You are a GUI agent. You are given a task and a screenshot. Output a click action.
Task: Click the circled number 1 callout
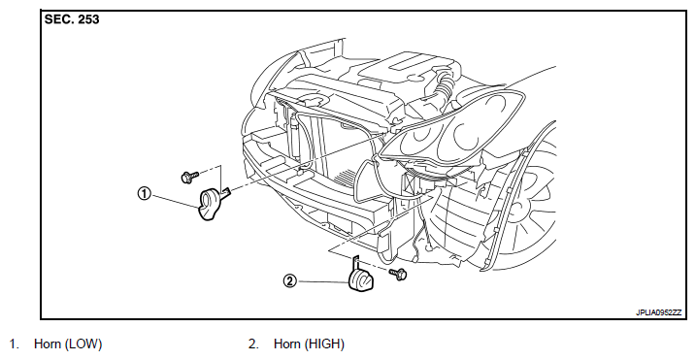point(144,194)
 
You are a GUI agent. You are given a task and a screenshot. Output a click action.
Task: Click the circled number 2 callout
point(289,281)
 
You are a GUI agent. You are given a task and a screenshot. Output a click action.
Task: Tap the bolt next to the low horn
point(189,177)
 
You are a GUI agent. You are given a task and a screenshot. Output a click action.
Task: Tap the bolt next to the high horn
point(397,274)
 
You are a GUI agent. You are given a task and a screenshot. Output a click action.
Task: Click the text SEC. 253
point(72,19)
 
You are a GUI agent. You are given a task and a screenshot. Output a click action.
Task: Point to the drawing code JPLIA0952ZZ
point(658,312)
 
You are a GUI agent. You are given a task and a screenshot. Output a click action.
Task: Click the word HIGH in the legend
point(324,344)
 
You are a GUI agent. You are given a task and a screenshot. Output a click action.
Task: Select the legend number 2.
point(253,344)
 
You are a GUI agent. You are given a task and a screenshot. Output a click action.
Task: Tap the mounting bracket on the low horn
point(225,192)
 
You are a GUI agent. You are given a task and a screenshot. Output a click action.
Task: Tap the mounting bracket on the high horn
point(355,262)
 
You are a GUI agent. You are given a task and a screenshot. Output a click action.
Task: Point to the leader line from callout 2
point(322,281)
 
